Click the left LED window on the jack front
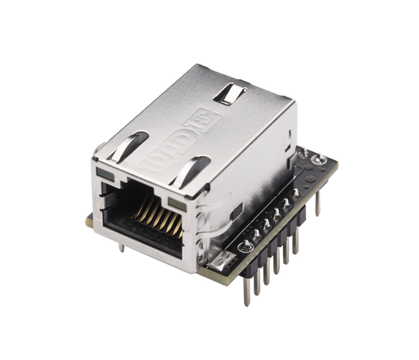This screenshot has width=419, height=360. click(x=103, y=176)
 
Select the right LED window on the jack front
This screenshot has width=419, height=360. click(x=173, y=200)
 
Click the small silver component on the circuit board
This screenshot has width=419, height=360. click(x=219, y=262)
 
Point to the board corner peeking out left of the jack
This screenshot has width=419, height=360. click(x=87, y=222)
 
